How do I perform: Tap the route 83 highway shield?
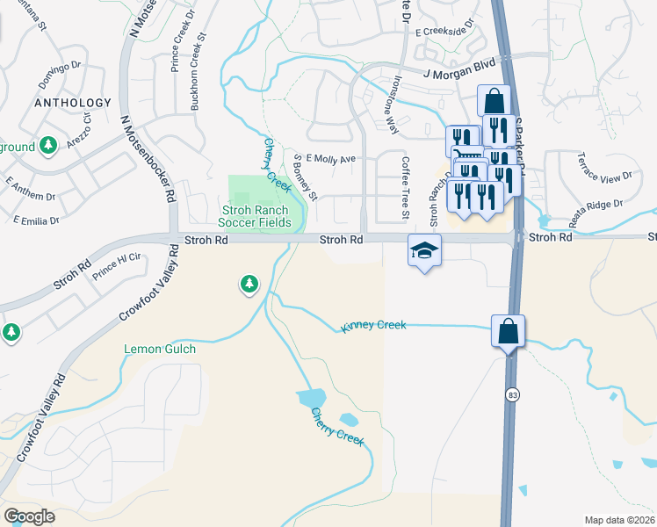(x=510, y=395)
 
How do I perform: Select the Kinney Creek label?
(x=373, y=326)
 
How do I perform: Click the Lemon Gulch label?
(x=158, y=349)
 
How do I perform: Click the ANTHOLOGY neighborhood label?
(x=73, y=103)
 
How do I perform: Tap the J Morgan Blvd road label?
(x=458, y=73)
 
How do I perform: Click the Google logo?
(x=30, y=516)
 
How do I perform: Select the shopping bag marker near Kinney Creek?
(x=508, y=332)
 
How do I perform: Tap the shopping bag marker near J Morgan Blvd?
(x=495, y=101)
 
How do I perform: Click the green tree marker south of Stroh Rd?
(x=249, y=283)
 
